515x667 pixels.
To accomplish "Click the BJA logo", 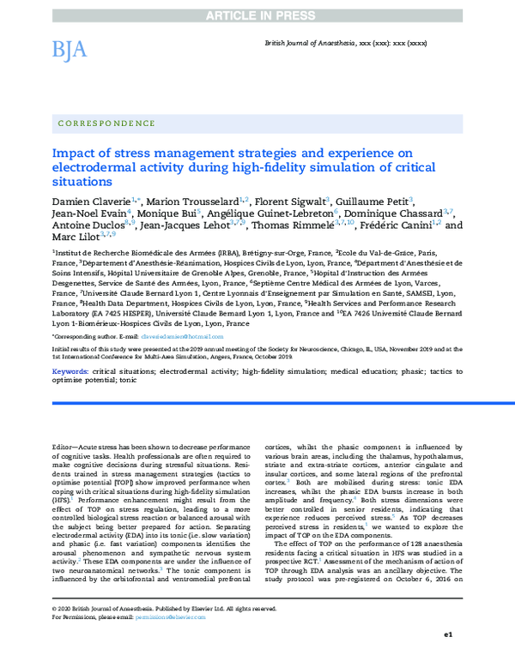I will point(70,50).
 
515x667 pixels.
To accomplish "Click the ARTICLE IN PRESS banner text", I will point(257,7).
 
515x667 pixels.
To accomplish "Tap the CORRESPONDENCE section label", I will point(106,123).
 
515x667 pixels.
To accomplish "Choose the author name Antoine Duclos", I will point(88,226).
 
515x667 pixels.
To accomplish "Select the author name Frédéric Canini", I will point(400,226).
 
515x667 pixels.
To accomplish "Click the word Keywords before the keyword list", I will point(70,370).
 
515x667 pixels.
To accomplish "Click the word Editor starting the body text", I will point(65,448).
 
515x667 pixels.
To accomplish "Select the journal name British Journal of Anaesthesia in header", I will point(323,53).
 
